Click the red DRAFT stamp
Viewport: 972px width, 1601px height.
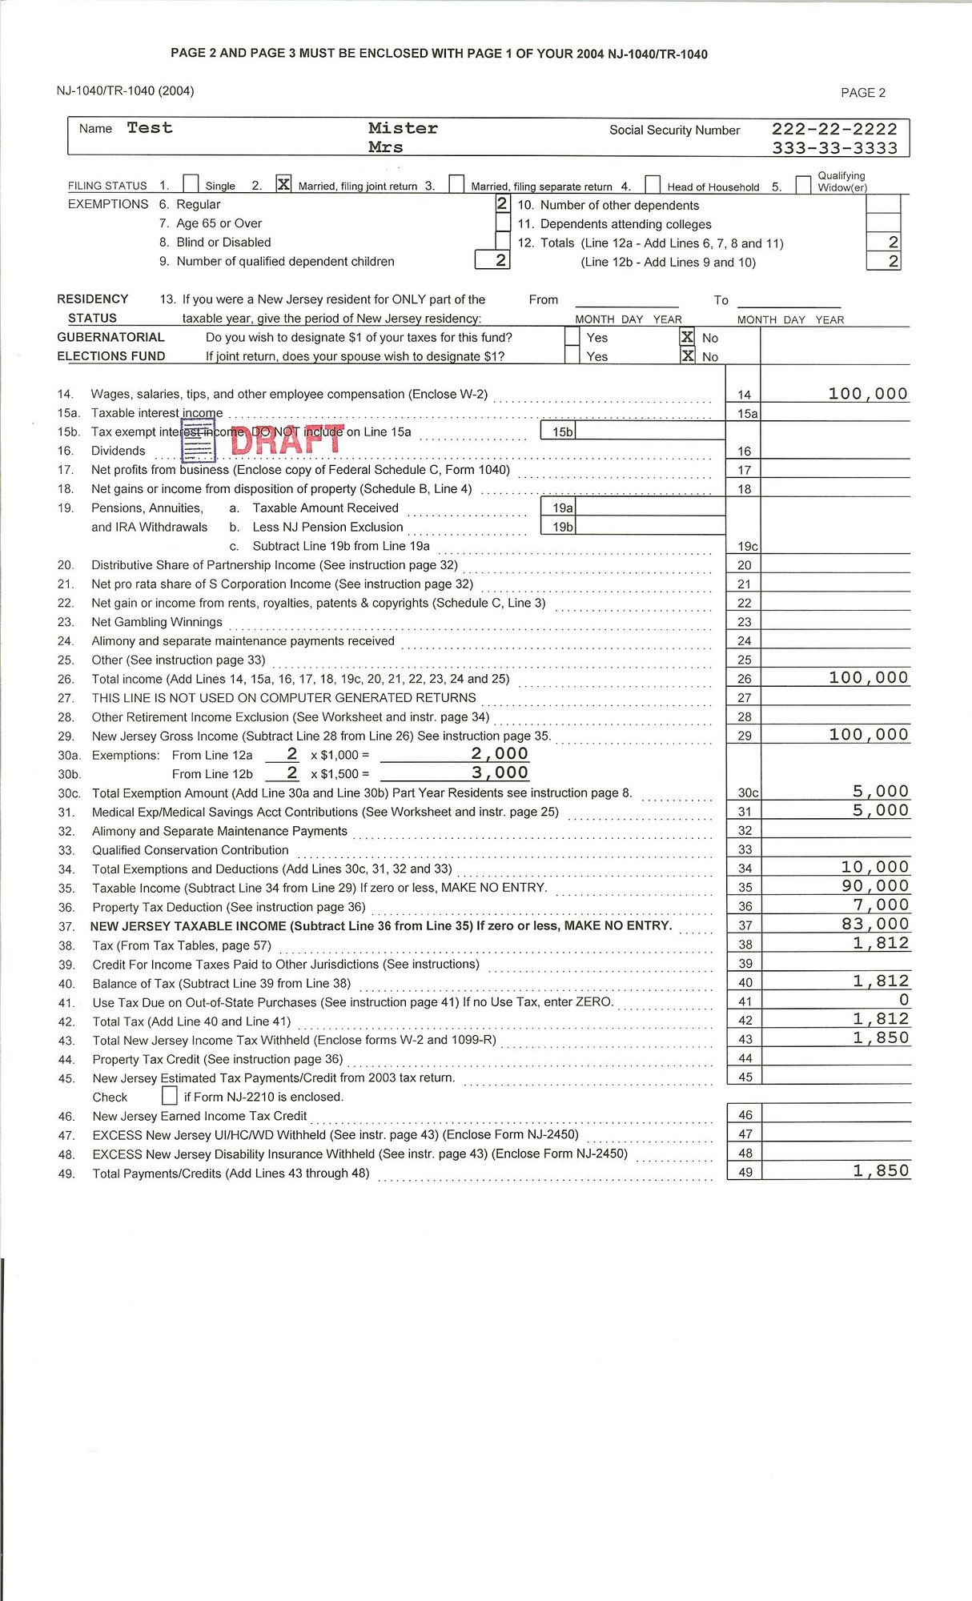point(287,439)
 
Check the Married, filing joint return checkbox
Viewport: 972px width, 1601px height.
point(283,184)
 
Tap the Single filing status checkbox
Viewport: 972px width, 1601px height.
point(191,184)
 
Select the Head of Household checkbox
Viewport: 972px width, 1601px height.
point(653,185)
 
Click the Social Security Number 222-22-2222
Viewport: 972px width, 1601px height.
point(834,129)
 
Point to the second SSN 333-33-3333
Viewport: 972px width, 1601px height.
point(834,148)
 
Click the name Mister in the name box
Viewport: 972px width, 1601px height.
point(403,128)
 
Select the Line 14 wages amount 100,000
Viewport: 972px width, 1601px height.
point(868,393)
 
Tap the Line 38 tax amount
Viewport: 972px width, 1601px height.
point(881,943)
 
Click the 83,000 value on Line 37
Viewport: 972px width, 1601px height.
point(875,924)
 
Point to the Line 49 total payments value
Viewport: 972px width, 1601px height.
point(881,1170)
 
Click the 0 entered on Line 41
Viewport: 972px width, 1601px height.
point(904,1000)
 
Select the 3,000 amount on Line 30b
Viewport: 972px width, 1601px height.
point(500,772)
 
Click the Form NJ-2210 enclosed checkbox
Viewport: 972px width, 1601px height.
point(170,1095)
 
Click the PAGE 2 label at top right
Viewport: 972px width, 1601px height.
point(863,93)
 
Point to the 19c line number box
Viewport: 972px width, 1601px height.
point(747,546)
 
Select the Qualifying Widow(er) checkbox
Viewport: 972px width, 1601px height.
point(803,185)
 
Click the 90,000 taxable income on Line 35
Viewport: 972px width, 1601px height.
point(875,885)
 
